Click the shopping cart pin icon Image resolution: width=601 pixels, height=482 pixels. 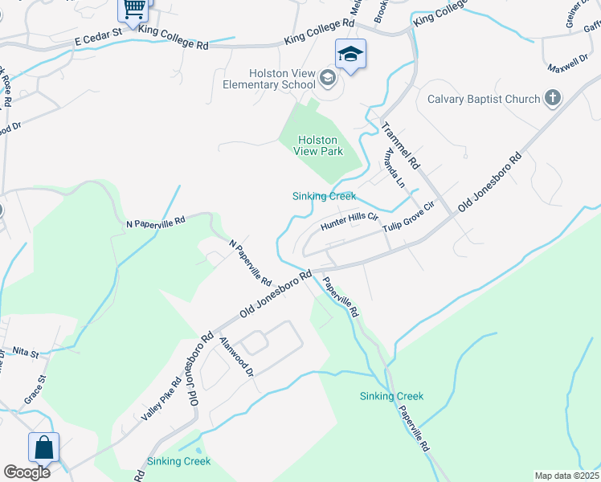coord(134,10)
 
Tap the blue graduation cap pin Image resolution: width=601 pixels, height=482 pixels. coord(350,55)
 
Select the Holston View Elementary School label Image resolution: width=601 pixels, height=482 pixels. coord(271,78)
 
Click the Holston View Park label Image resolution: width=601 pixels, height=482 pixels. coord(321,145)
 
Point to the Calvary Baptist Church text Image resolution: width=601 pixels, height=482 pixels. coord(483,99)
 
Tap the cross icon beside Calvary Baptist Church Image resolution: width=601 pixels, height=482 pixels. coord(552,99)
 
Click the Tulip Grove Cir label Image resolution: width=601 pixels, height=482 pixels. coord(407,218)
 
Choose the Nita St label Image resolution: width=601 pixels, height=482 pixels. coord(25,353)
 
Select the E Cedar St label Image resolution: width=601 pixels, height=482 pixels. coord(97,37)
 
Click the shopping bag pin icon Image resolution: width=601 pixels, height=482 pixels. coord(43,448)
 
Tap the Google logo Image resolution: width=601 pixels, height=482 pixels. coord(27,472)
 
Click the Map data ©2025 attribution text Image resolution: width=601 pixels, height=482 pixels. coord(566,476)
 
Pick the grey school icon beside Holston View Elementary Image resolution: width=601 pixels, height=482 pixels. coord(326,78)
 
